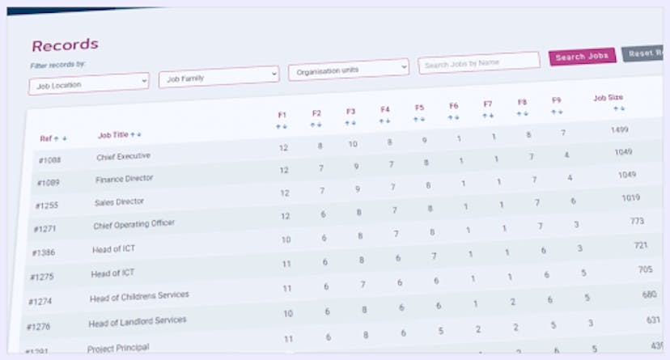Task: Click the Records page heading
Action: pos(65,44)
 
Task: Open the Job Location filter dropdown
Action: pos(89,83)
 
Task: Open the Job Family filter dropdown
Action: pos(218,78)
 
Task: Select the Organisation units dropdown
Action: pos(348,70)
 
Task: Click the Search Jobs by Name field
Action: pos(478,62)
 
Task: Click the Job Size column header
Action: pos(608,98)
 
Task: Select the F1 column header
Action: pos(282,115)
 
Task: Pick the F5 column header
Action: pos(419,107)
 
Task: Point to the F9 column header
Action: pos(557,100)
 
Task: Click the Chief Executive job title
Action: pos(123,156)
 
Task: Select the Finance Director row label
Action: pos(124,178)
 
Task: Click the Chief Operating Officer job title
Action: pos(134,223)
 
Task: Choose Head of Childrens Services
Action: pos(139,296)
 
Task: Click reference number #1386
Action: pos(43,253)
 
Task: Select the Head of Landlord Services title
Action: pos(137,321)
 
